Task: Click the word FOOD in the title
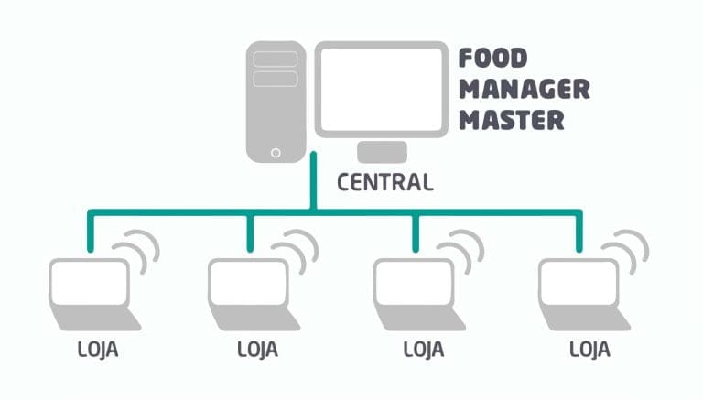(492, 59)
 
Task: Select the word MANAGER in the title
(525, 89)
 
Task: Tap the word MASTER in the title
(512, 120)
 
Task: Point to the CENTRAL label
(385, 182)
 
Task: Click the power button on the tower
(276, 153)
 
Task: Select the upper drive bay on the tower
(276, 59)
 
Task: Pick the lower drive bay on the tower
(276, 79)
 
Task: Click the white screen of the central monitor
(382, 89)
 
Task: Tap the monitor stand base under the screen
(382, 152)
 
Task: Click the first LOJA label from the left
(98, 350)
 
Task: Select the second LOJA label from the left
(257, 350)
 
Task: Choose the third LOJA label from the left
(424, 350)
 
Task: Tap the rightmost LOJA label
(589, 350)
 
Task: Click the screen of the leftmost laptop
(89, 282)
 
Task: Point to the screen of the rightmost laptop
(579, 282)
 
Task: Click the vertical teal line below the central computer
(313, 180)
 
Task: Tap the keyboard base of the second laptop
(254, 319)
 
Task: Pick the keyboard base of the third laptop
(420, 319)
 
